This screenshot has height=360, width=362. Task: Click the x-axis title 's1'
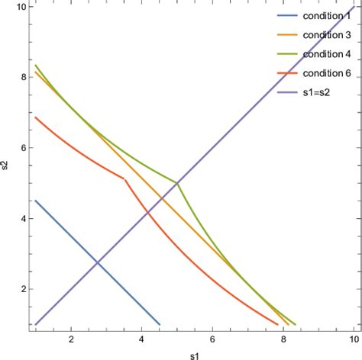192,354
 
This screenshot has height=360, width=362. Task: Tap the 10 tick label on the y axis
21,6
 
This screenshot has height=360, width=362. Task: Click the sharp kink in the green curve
177,183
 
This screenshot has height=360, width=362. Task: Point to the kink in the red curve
124,179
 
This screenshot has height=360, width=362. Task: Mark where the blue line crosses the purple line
97,263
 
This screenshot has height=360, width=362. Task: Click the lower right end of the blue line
160,324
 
